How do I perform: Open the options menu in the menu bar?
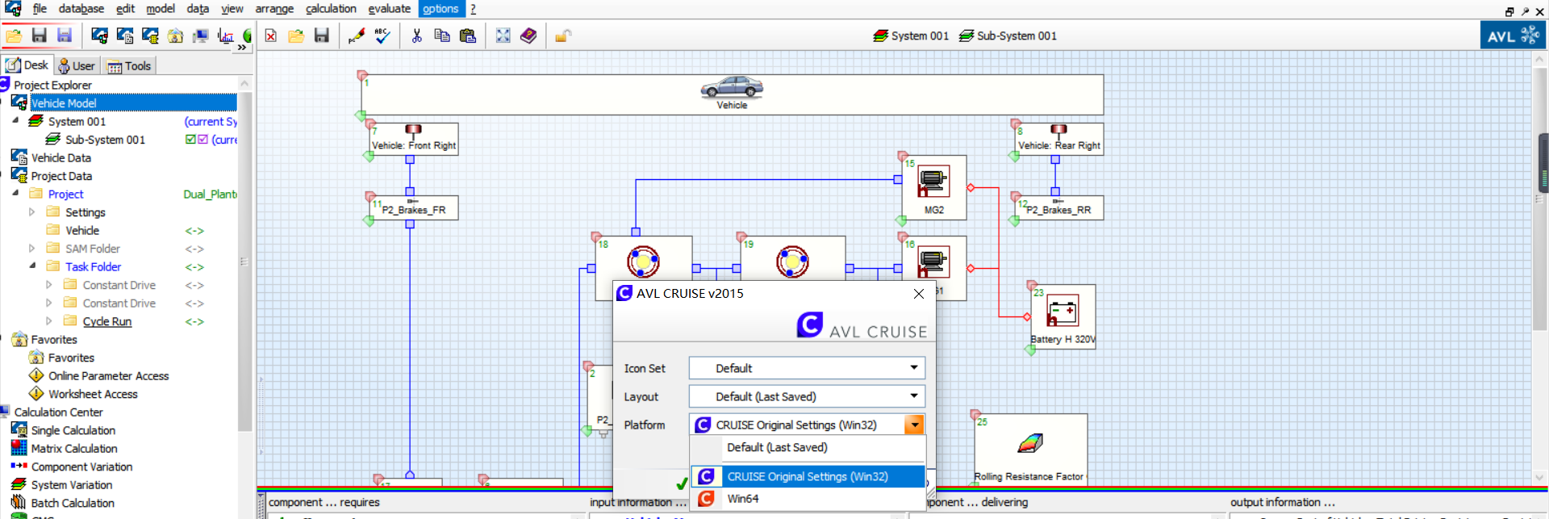pyautogui.click(x=440, y=9)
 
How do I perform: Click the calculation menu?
pyautogui.click(x=331, y=9)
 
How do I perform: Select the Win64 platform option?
pyautogui.click(x=742, y=499)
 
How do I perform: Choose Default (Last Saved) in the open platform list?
pyautogui.click(x=777, y=447)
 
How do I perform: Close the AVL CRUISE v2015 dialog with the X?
pyautogui.click(x=918, y=294)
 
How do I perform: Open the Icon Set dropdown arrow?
pyautogui.click(x=913, y=368)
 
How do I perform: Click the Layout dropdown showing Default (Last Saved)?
pyautogui.click(x=806, y=396)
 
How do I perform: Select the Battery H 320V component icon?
pyautogui.click(x=1062, y=311)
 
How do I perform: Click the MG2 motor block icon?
pyautogui.click(x=933, y=182)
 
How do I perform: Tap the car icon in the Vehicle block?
pyautogui.click(x=732, y=87)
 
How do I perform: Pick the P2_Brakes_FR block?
pyautogui.click(x=413, y=209)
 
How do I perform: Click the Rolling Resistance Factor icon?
pyautogui.click(x=1030, y=443)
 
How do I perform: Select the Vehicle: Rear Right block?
pyautogui.click(x=1058, y=140)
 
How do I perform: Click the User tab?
pyautogui.click(x=77, y=66)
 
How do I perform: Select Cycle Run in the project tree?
pyautogui.click(x=106, y=321)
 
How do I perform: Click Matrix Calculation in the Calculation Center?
pyautogui.click(x=74, y=449)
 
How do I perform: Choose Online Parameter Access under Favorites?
pyautogui.click(x=108, y=376)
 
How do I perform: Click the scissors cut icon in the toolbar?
pyautogui.click(x=416, y=36)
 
